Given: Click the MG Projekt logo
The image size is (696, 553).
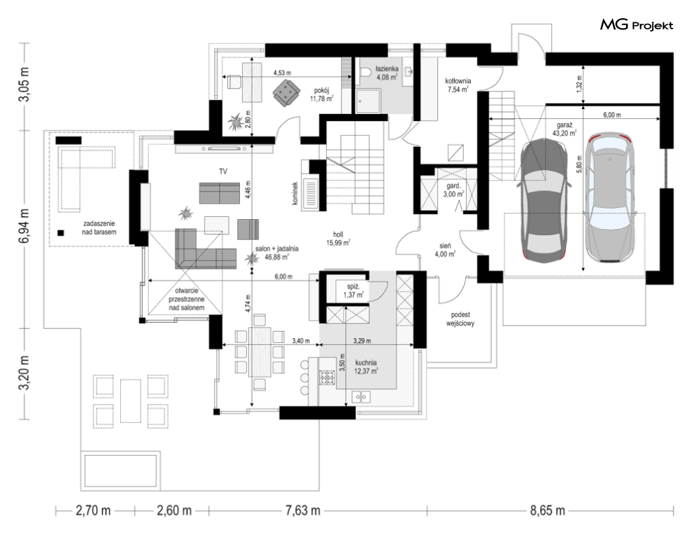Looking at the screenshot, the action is [x=637, y=25].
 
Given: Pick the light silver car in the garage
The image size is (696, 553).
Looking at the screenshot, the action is [x=609, y=197].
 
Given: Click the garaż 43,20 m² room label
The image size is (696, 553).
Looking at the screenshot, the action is [x=564, y=129].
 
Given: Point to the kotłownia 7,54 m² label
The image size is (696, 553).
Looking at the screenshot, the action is [x=458, y=85].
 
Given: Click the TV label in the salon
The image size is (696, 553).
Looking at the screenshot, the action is [x=223, y=171].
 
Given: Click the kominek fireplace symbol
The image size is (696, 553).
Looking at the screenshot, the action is [x=311, y=194].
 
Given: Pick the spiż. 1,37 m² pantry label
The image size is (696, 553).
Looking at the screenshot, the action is [x=354, y=291].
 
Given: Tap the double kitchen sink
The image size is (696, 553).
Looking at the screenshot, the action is [x=361, y=396].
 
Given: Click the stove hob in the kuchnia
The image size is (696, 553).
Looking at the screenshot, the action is [x=327, y=377].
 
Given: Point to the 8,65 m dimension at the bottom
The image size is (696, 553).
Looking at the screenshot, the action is [x=547, y=511].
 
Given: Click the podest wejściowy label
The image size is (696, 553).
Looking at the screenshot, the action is [x=461, y=319].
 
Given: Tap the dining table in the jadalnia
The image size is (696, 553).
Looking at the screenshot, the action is [x=260, y=352].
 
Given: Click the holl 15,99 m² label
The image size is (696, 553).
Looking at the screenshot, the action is [x=339, y=239].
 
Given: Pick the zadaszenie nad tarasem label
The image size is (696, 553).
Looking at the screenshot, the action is [x=99, y=228].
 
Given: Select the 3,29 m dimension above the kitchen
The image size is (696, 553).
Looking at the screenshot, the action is [x=362, y=341].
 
